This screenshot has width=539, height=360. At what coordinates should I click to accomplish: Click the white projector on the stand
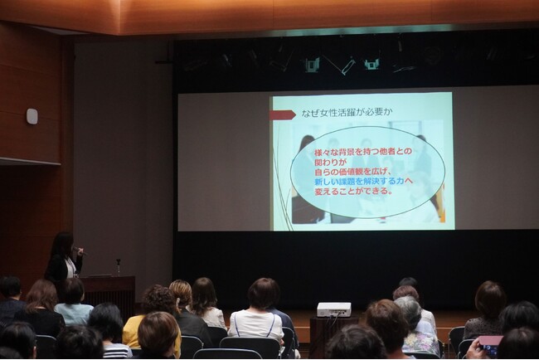(334, 309)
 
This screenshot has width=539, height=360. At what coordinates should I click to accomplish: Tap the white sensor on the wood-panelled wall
(32, 117)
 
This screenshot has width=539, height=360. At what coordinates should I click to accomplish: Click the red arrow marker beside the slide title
(282, 114)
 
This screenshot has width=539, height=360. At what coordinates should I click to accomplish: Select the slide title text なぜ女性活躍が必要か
(347, 113)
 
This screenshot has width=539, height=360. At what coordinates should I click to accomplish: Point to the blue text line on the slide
(363, 181)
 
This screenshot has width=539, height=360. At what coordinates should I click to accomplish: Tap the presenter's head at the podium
(63, 243)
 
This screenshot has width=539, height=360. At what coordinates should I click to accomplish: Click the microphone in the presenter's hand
(79, 251)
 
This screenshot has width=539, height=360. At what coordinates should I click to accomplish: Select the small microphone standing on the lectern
(119, 267)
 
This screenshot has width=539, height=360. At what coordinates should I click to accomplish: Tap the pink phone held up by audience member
(491, 344)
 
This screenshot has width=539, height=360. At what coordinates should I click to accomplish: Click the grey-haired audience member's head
(407, 312)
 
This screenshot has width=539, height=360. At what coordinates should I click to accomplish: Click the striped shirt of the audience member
(117, 351)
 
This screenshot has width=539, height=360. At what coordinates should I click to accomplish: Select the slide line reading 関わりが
(329, 162)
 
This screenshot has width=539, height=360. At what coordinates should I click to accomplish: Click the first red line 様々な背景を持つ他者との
(363, 152)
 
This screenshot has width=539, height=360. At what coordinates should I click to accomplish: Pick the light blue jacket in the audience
(74, 314)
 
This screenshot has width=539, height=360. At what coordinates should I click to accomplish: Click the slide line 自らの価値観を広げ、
(353, 171)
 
